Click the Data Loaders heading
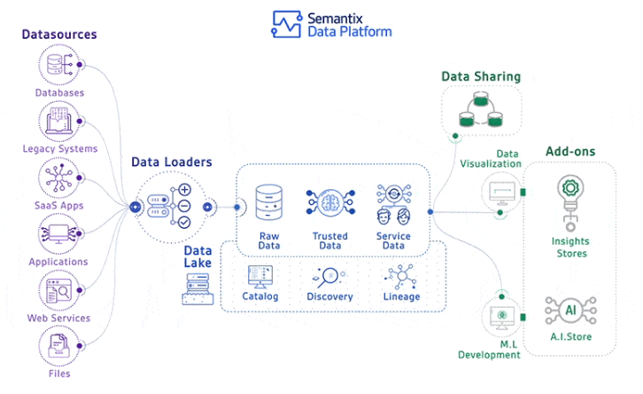click(172, 162)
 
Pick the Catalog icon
click(260, 276)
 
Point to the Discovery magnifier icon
click(329, 276)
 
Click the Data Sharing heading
click(481, 77)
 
